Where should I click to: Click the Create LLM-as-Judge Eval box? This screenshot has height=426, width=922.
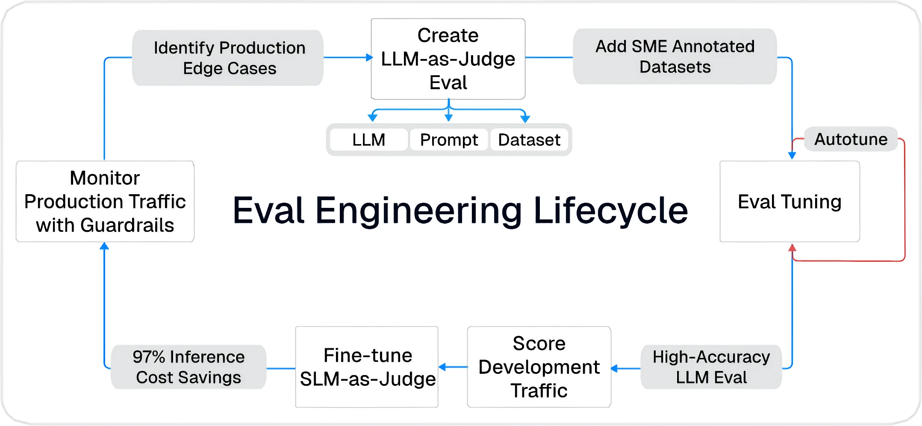click(x=448, y=59)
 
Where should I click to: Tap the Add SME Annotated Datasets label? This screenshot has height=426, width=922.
click(x=675, y=56)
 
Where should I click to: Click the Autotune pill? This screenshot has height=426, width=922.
click(x=851, y=139)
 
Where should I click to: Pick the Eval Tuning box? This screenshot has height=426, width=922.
click(x=789, y=201)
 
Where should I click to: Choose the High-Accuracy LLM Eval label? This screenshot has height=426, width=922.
click(x=711, y=367)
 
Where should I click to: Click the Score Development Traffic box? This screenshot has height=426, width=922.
click(x=539, y=367)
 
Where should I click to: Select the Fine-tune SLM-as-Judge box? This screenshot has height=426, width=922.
click(x=367, y=367)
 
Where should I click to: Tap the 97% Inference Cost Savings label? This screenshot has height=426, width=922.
click(x=189, y=367)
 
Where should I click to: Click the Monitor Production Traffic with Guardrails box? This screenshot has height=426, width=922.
click(x=105, y=201)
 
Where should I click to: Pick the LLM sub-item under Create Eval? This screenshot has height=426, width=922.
click(x=368, y=140)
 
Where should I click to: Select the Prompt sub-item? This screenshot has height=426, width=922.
click(x=449, y=140)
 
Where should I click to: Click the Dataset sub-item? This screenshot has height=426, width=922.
click(x=529, y=140)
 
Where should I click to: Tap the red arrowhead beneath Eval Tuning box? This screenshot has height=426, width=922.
click(x=792, y=248)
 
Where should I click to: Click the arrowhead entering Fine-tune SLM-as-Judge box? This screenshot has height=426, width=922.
click(x=443, y=367)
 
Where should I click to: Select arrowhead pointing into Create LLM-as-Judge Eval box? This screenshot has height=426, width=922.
click(x=369, y=57)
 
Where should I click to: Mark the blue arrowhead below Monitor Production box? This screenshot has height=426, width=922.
click(x=104, y=246)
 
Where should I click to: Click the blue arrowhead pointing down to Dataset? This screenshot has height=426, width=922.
click(x=525, y=118)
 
